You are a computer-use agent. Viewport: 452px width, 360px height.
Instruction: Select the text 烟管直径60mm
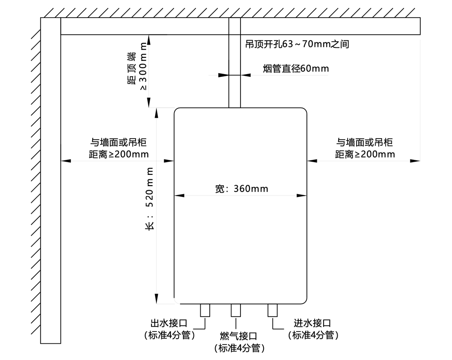click(x=296, y=69)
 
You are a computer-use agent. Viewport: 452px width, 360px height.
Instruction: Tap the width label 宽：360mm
click(x=241, y=188)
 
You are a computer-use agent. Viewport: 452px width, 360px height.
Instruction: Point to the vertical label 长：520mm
click(x=149, y=199)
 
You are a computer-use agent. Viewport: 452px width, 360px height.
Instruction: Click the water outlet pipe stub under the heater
click(x=205, y=310)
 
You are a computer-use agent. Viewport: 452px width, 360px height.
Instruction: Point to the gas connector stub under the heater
click(x=236, y=310)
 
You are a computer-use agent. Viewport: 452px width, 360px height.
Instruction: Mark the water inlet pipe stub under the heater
click(x=272, y=310)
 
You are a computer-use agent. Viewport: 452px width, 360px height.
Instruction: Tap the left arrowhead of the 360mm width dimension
click(x=179, y=196)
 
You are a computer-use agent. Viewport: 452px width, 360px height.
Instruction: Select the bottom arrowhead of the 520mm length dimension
click(x=157, y=299)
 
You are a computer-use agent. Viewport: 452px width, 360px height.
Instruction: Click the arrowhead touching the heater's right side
click(x=311, y=160)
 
